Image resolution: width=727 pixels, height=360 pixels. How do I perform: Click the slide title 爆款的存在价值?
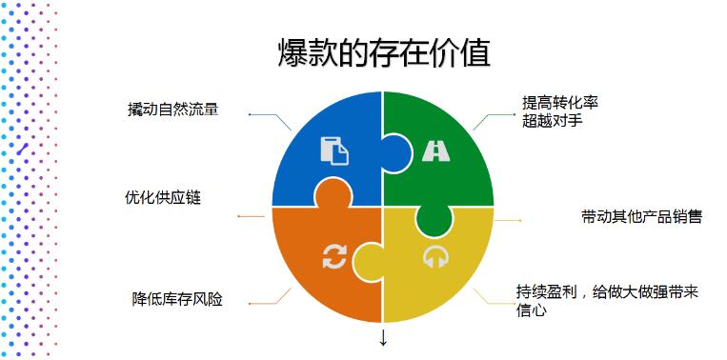383,53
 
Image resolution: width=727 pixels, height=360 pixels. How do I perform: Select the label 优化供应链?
163,197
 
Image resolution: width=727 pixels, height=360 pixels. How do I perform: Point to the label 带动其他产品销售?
640,216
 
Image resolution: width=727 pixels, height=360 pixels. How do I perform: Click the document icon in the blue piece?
333,151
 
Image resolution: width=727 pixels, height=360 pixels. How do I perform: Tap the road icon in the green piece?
436,151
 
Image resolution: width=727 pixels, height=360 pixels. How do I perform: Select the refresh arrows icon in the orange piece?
333,256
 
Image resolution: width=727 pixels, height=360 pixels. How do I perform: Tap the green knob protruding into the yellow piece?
434,217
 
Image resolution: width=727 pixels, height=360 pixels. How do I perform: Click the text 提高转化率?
560,102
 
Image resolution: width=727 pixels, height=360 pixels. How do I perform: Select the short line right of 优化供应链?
252,216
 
